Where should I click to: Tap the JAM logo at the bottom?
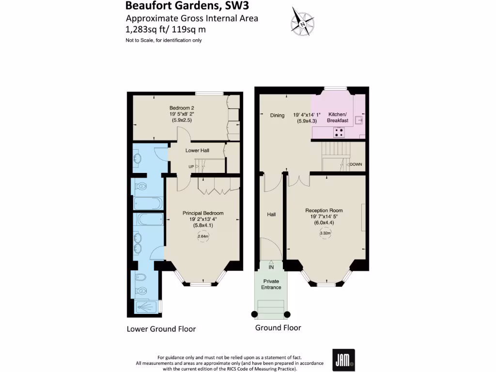tap(343, 360)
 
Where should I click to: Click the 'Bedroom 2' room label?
tap(182, 108)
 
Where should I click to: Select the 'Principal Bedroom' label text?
tap(203, 213)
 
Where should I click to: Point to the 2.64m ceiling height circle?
tap(203, 236)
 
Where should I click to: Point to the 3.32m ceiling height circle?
tap(325, 233)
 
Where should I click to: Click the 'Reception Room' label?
tap(324, 210)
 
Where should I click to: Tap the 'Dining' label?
tap(277, 115)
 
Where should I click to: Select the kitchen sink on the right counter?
tap(359, 120)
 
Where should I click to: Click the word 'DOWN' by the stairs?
tap(356, 164)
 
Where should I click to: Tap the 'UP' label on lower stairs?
tap(192, 167)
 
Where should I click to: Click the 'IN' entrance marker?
tap(271, 267)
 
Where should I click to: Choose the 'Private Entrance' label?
tap(271, 284)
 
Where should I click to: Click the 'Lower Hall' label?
tap(197, 151)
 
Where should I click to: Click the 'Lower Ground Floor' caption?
tap(161, 329)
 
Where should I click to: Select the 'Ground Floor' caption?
tap(278, 328)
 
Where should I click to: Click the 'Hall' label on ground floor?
tap(271, 214)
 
